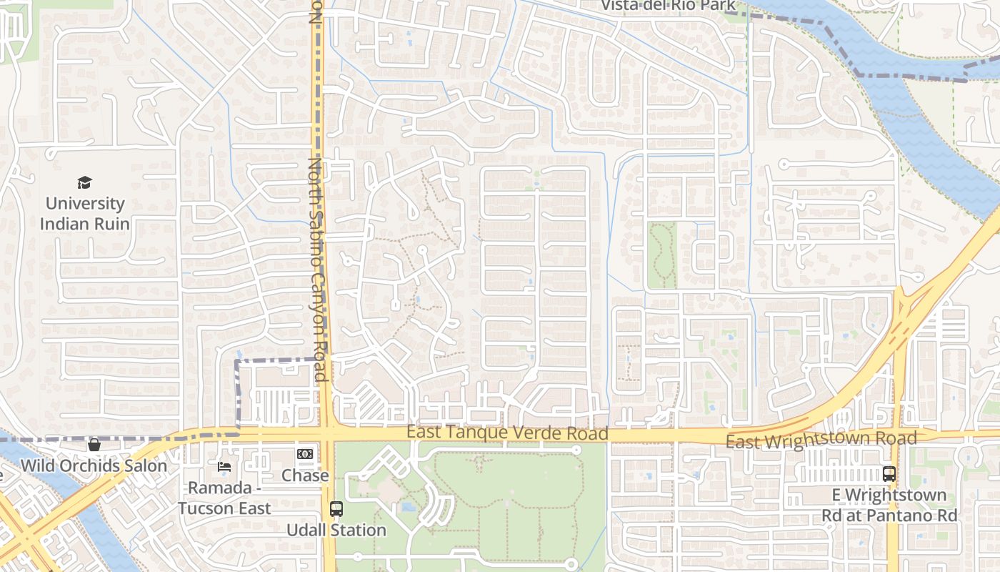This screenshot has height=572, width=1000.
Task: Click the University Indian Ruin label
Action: (x=84, y=214)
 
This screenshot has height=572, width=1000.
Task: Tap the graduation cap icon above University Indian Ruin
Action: (x=84, y=183)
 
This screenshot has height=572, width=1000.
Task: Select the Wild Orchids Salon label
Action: (x=94, y=466)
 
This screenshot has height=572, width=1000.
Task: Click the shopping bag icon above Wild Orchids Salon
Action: (x=94, y=445)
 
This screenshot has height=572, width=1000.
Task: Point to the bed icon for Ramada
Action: (x=224, y=466)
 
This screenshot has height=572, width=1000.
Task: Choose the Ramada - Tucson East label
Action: (x=224, y=498)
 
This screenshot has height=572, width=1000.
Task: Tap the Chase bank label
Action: (x=305, y=475)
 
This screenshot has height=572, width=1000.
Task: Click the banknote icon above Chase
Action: (x=305, y=454)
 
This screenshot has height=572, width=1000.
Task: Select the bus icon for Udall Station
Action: (x=336, y=509)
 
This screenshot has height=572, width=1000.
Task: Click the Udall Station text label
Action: (x=336, y=531)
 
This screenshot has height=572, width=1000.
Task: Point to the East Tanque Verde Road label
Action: (x=507, y=433)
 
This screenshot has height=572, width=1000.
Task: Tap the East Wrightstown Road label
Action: (x=821, y=439)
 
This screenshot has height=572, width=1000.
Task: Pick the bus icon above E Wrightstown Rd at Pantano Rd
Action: (x=889, y=473)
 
